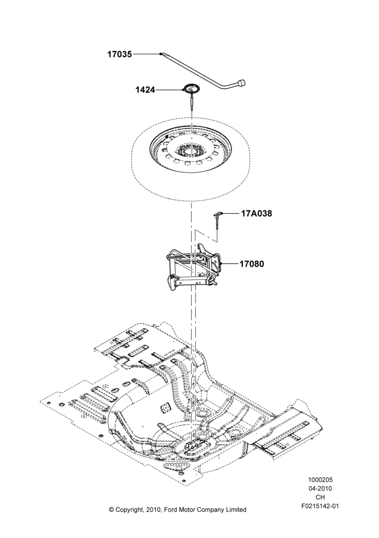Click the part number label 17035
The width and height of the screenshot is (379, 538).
click(120, 54)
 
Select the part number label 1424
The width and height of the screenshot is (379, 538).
click(145, 90)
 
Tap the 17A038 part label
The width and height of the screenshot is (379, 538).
click(256, 214)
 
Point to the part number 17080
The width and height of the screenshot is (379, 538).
click(251, 264)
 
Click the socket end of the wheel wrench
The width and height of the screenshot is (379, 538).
click(242, 83)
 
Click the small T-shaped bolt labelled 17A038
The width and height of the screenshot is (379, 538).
click(219, 220)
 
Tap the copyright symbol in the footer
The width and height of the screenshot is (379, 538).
click(111, 509)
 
